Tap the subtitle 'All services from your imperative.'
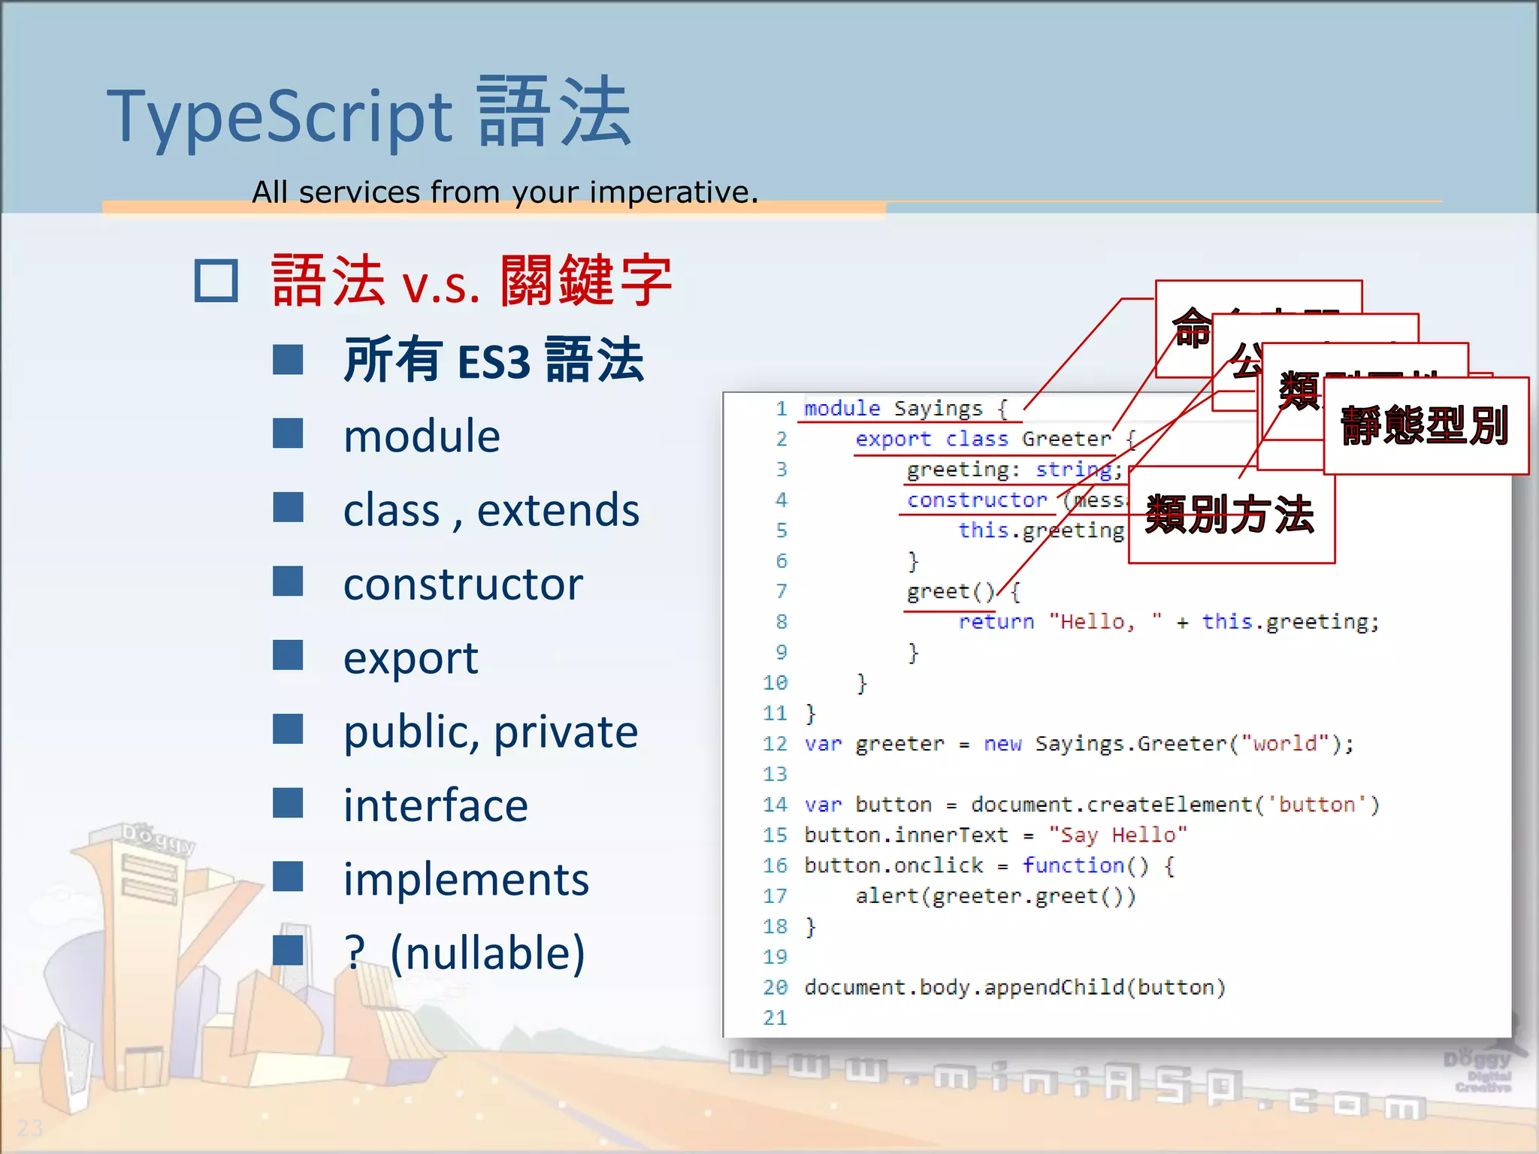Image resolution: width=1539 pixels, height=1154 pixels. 505,192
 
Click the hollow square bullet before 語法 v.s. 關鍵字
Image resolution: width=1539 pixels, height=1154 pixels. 216,281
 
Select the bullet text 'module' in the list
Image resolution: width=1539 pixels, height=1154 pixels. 422,437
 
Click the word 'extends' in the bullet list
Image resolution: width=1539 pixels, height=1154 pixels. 558,510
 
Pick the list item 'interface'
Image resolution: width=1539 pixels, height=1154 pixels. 436,805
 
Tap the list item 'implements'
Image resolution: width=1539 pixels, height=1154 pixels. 466,879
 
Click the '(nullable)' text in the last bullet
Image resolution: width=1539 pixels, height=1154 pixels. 488,953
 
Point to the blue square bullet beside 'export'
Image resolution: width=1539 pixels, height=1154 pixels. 288,656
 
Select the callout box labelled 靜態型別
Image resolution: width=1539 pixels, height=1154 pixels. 1426,426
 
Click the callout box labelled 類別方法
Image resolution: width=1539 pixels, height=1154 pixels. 1231,515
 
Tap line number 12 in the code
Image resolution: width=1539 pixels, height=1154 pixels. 775,744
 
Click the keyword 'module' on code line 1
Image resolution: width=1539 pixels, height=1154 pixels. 842,409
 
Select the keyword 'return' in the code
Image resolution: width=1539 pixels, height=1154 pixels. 996,622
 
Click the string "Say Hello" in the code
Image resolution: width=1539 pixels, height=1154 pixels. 1117,835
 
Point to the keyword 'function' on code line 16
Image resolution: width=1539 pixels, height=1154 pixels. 1072,865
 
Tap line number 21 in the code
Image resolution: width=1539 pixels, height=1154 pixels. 775,1018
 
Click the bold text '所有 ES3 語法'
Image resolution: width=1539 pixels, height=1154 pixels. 493,361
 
